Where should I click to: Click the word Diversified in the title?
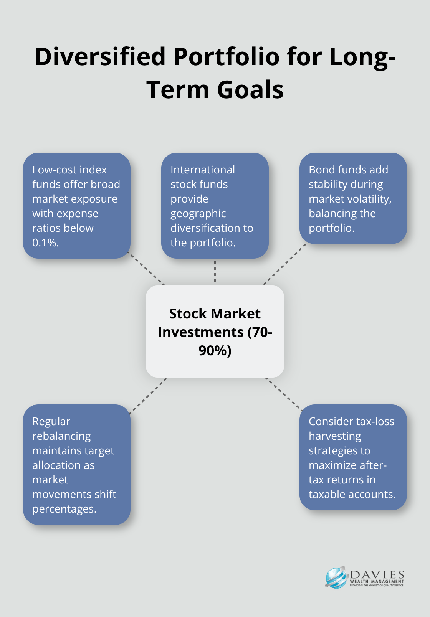click(x=101, y=57)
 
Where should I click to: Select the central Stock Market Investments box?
click(x=215, y=332)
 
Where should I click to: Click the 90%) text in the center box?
click(x=215, y=350)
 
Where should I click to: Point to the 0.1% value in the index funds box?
click(x=45, y=243)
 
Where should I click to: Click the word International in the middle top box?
click(x=202, y=170)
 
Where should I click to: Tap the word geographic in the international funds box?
click(x=198, y=213)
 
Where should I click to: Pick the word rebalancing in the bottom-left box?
click(x=61, y=436)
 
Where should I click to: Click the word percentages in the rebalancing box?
click(x=64, y=509)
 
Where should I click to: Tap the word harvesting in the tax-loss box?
click(x=335, y=436)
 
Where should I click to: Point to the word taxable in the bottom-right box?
click(x=329, y=494)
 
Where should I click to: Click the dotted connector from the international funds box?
click(x=215, y=272)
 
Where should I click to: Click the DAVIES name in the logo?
click(x=377, y=574)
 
